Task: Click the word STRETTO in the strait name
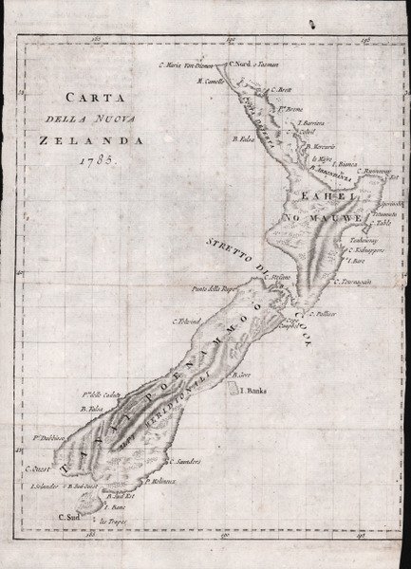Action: point(230,251)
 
